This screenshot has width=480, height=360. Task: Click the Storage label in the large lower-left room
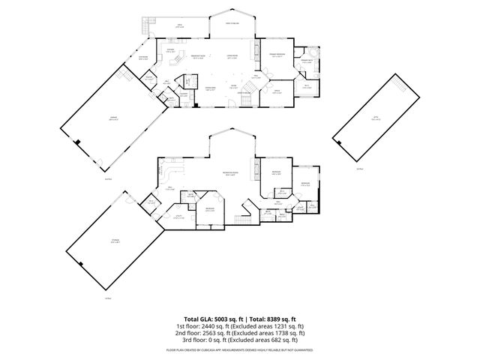click(x=115, y=240)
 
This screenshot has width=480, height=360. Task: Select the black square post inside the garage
click(x=78, y=141)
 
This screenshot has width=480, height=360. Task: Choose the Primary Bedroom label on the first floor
click(x=276, y=55)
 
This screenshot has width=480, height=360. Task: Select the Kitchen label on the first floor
click(x=170, y=50)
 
